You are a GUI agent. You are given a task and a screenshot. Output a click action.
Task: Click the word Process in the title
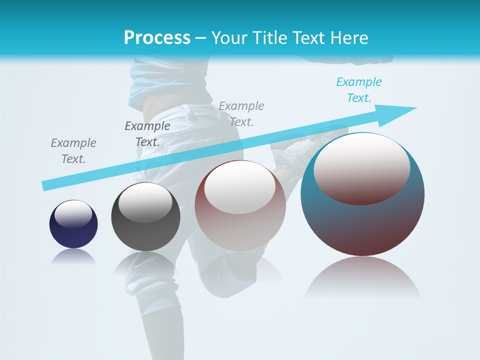(157, 37)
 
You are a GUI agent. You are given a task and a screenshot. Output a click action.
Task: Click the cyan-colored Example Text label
(358, 90)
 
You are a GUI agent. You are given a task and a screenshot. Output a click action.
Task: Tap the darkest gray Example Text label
(147, 134)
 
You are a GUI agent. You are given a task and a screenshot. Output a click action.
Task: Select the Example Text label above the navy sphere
(73, 151)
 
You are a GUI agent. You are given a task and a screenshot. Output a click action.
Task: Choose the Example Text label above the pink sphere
(241, 113)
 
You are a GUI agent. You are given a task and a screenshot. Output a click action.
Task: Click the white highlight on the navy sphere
(73, 213)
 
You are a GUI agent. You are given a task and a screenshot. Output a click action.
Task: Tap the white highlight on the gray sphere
(145, 203)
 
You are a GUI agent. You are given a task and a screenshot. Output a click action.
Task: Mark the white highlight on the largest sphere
(361, 168)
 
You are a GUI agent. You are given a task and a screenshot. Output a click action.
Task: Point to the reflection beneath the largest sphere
(362, 277)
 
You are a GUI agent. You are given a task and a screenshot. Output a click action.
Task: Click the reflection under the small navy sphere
(73, 257)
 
